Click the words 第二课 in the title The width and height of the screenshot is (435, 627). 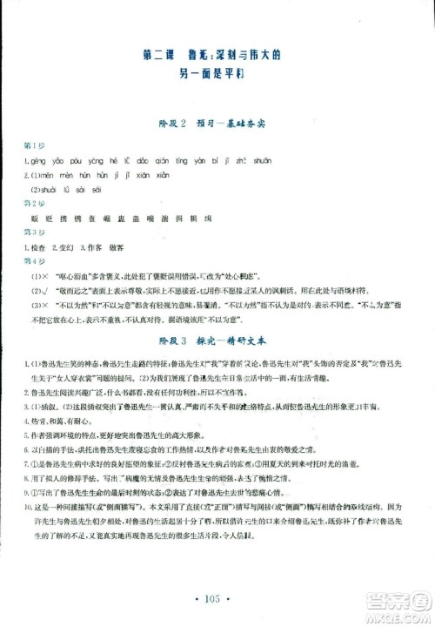coord(157,57)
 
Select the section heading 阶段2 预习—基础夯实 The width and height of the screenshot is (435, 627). coord(217,124)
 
